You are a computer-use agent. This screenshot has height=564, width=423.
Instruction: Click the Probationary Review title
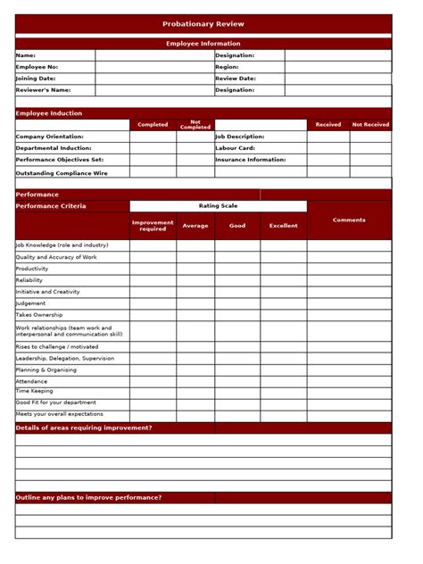(203, 24)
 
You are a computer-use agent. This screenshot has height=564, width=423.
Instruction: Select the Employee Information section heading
(203, 44)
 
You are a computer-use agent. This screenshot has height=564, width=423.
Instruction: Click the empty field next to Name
(153, 55)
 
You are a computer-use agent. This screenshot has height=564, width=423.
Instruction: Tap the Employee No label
(37, 67)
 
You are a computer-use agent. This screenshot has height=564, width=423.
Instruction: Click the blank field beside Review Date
(337, 79)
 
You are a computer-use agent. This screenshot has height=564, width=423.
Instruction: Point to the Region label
(227, 67)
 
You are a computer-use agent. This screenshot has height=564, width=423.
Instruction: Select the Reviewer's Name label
(43, 90)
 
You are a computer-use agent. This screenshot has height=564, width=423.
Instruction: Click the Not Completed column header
(195, 125)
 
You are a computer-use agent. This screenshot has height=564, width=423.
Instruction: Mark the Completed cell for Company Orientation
(153, 137)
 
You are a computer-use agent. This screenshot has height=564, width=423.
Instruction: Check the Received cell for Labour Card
(328, 148)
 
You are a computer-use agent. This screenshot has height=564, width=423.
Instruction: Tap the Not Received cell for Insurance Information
(370, 160)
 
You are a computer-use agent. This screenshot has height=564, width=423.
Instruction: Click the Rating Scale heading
(218, 206)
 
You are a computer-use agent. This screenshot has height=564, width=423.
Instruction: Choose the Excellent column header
(284, 226)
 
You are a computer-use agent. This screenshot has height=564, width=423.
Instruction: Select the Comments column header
(349, 220)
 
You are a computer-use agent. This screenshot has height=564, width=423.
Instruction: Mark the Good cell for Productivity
(237, 269)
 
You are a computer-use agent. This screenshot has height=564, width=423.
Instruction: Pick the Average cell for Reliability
(195, 280)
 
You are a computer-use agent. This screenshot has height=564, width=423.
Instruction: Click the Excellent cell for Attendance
(284, 381)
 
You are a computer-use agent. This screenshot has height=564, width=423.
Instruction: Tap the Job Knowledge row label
(62, 245)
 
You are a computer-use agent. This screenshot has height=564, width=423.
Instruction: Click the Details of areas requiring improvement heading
(84, 427)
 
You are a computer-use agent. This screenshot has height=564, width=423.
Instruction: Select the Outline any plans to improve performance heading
(88, 497)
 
